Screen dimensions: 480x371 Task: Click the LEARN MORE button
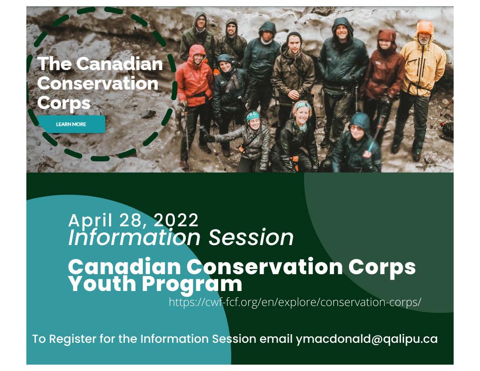coord(71,124)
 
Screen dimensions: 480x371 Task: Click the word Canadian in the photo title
coord(120,64)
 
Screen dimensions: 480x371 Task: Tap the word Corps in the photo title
coord(64,103)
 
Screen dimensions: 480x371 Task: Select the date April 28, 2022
coord(134,220)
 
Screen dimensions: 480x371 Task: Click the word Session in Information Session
coord(251,237)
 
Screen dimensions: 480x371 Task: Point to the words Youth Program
coord(155,284)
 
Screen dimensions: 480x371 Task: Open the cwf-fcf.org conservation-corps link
coord(295,302)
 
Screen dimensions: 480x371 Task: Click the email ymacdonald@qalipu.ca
coord(367,339)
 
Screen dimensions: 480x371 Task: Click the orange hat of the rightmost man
coord(425,28)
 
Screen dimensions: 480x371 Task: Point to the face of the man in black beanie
coord(295,45)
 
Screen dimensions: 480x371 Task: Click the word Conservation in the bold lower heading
coord(265,266)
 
